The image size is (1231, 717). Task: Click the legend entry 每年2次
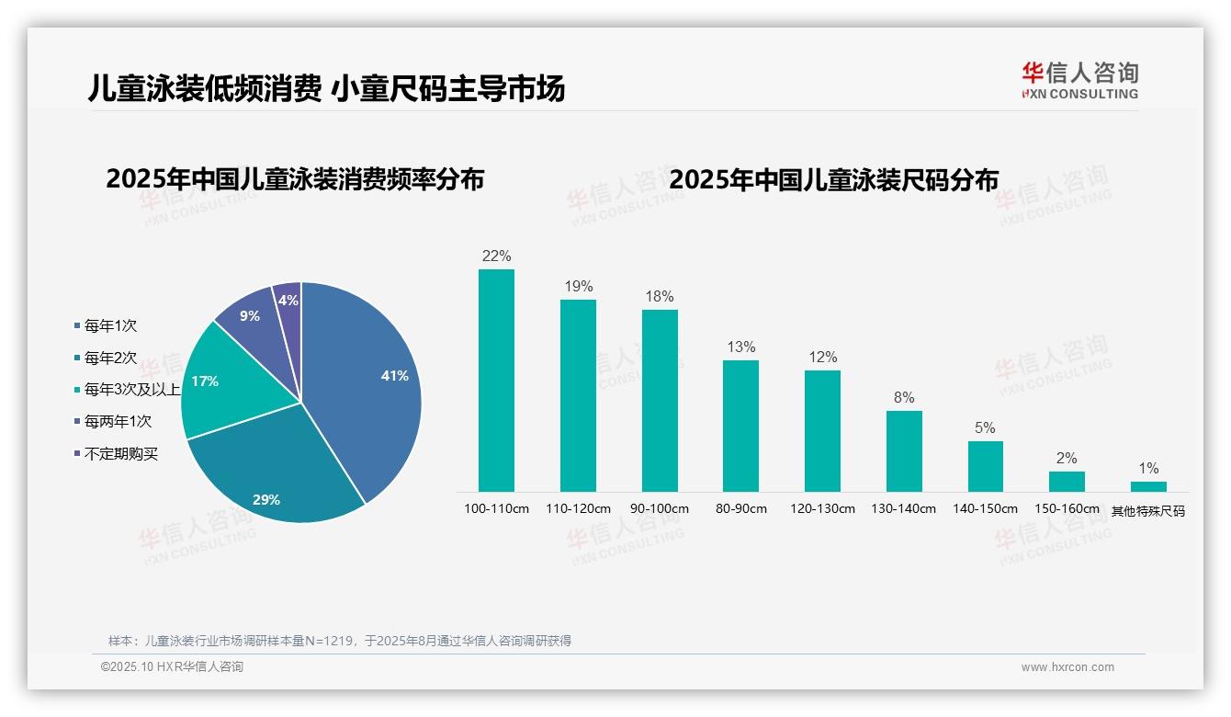click(110, 358)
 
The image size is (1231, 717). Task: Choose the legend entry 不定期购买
click(120, 454)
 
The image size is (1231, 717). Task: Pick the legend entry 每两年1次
click(118, 422)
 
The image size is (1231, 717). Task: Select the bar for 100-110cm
click(496, 381)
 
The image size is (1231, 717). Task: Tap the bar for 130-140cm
click(904, 451)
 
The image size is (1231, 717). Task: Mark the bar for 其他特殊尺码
click(1148, 486)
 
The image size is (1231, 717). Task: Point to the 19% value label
click(578, 287)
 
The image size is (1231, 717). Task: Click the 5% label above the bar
click(985, 428)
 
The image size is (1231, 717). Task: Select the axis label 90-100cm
click(659, 509)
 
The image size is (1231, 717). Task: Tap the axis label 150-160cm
click(1067, 509)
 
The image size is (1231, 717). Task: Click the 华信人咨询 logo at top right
click(1079, 80)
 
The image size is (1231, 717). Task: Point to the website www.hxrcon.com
click(1067, 667)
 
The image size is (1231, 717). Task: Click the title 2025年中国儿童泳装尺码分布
click(833, 179)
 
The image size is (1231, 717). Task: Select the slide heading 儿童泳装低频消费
click(203, 88)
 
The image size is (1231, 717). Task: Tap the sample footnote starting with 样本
click(340, 641)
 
